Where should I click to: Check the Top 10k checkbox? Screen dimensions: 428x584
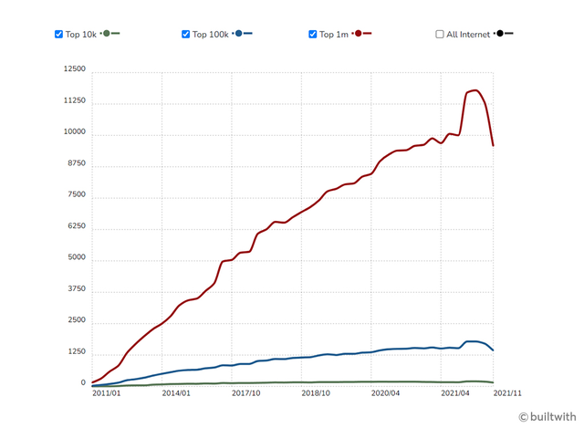[x=59, y=34]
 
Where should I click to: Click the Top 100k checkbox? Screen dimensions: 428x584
[x=186, y=34]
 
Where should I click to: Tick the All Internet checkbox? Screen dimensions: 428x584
[x=440, y=34]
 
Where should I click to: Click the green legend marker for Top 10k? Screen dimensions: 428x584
[x=107, y=34]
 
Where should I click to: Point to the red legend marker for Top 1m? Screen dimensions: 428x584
[x=360, y=34]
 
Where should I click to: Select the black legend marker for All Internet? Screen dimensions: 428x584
[x=501, y=34]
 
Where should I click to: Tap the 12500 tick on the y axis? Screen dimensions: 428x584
[x=73, y=69]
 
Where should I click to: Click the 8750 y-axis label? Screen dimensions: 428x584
[x=75, y=164]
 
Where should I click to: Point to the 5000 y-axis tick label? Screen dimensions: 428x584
[x=75, y=258]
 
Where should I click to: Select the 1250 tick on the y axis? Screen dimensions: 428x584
[x=75, y=352]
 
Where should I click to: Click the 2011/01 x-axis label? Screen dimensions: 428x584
[x=107, y=393]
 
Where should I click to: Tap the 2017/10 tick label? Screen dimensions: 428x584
[x=245, y=393]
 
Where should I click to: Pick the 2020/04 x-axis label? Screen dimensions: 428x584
[x=385, y=393]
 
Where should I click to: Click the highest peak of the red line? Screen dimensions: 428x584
[x=475, y=90]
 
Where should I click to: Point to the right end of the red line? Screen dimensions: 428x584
[x=493, y=145]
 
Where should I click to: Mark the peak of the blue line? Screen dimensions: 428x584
[x=474, y=341]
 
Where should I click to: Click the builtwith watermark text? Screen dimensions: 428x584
[x=551, y=416]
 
